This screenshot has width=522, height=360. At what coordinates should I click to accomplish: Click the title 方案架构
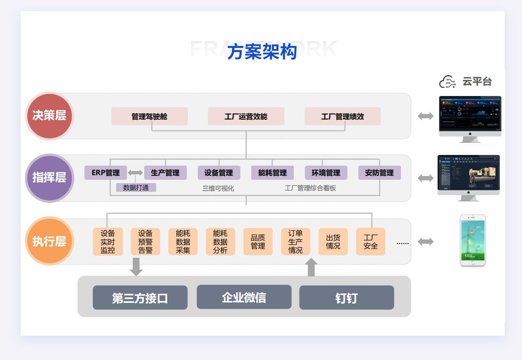262,52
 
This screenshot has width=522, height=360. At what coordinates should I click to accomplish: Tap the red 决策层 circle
49,116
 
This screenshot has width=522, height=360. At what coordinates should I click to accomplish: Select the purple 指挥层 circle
49,178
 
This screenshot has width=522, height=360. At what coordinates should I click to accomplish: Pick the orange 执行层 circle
49,241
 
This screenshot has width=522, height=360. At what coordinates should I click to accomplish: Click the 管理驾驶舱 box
149,117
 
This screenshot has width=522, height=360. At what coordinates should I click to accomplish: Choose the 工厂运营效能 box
246,117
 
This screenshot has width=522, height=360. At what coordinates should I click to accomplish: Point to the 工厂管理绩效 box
343,117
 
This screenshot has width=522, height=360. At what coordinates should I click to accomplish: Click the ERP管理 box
105,173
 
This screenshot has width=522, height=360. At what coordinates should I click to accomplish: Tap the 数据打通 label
136,188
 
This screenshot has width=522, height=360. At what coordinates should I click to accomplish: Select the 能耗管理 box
272,173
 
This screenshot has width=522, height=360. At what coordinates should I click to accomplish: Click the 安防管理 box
379,173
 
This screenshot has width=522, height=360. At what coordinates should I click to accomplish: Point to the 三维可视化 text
218,188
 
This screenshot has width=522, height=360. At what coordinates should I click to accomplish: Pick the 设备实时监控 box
108,242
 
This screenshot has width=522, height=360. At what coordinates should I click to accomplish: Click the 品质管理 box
258,242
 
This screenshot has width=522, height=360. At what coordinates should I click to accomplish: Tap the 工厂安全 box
370,242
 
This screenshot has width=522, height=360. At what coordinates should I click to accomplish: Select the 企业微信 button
244,297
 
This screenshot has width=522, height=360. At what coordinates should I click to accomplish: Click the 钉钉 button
347,298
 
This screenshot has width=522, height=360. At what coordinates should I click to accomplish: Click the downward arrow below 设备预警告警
136,267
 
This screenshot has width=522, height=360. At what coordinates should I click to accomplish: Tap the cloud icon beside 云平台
447,82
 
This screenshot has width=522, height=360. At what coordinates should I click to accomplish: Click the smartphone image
473,241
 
